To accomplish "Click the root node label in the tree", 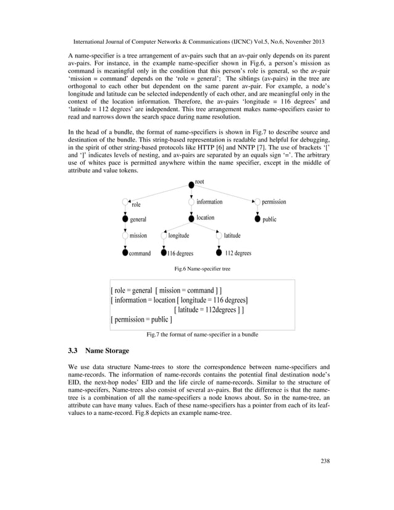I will [199, 182].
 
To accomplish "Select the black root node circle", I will [191, 185].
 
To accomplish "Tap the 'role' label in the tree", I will [136, 204].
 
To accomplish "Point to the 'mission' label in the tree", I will [138, 235].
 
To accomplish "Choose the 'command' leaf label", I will [140, 253].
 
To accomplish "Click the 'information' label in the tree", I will [209, 202].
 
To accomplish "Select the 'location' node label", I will [206, 217].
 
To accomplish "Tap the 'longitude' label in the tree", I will [179, 235].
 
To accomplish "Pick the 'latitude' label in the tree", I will [232, 235].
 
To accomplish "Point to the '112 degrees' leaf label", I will [238, 253].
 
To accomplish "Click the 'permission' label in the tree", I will [274, 202].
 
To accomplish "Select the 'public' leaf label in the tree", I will [269, 219].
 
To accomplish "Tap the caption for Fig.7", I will [202, 334].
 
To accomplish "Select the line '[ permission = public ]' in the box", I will [141, 320].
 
